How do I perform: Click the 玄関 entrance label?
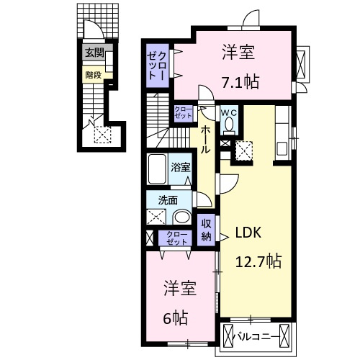coord(94,53)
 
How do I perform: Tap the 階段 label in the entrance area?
coord(94,73)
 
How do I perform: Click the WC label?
coord(229,112)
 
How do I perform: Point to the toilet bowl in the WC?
coord(229,125)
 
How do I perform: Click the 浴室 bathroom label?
coord(181,168)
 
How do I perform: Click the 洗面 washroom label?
coord(168,200)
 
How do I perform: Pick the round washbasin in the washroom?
coord(183,218)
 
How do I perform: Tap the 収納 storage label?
coord(207,230)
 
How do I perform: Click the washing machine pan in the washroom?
coord(156,218)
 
